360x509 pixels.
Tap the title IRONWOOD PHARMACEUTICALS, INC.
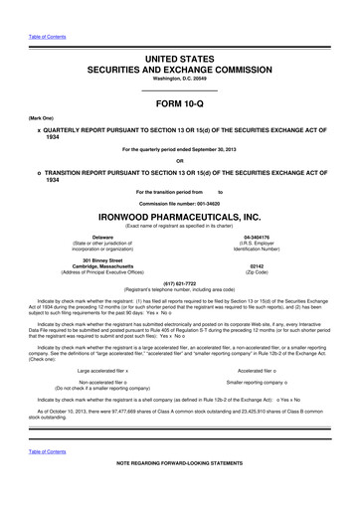point(179,214)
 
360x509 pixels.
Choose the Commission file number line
point(179,203)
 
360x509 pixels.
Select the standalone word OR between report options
point(179,161)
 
